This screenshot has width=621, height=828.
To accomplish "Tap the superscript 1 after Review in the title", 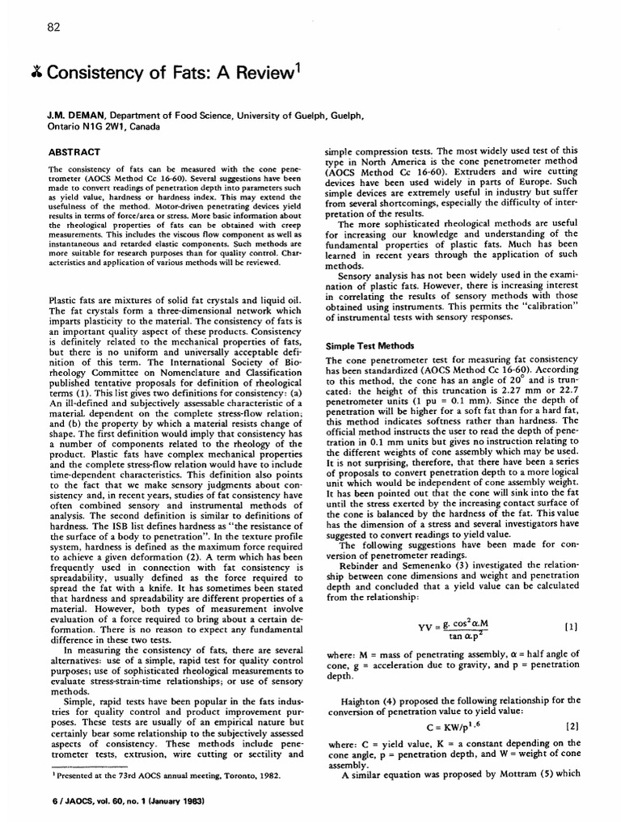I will (298, 68).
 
